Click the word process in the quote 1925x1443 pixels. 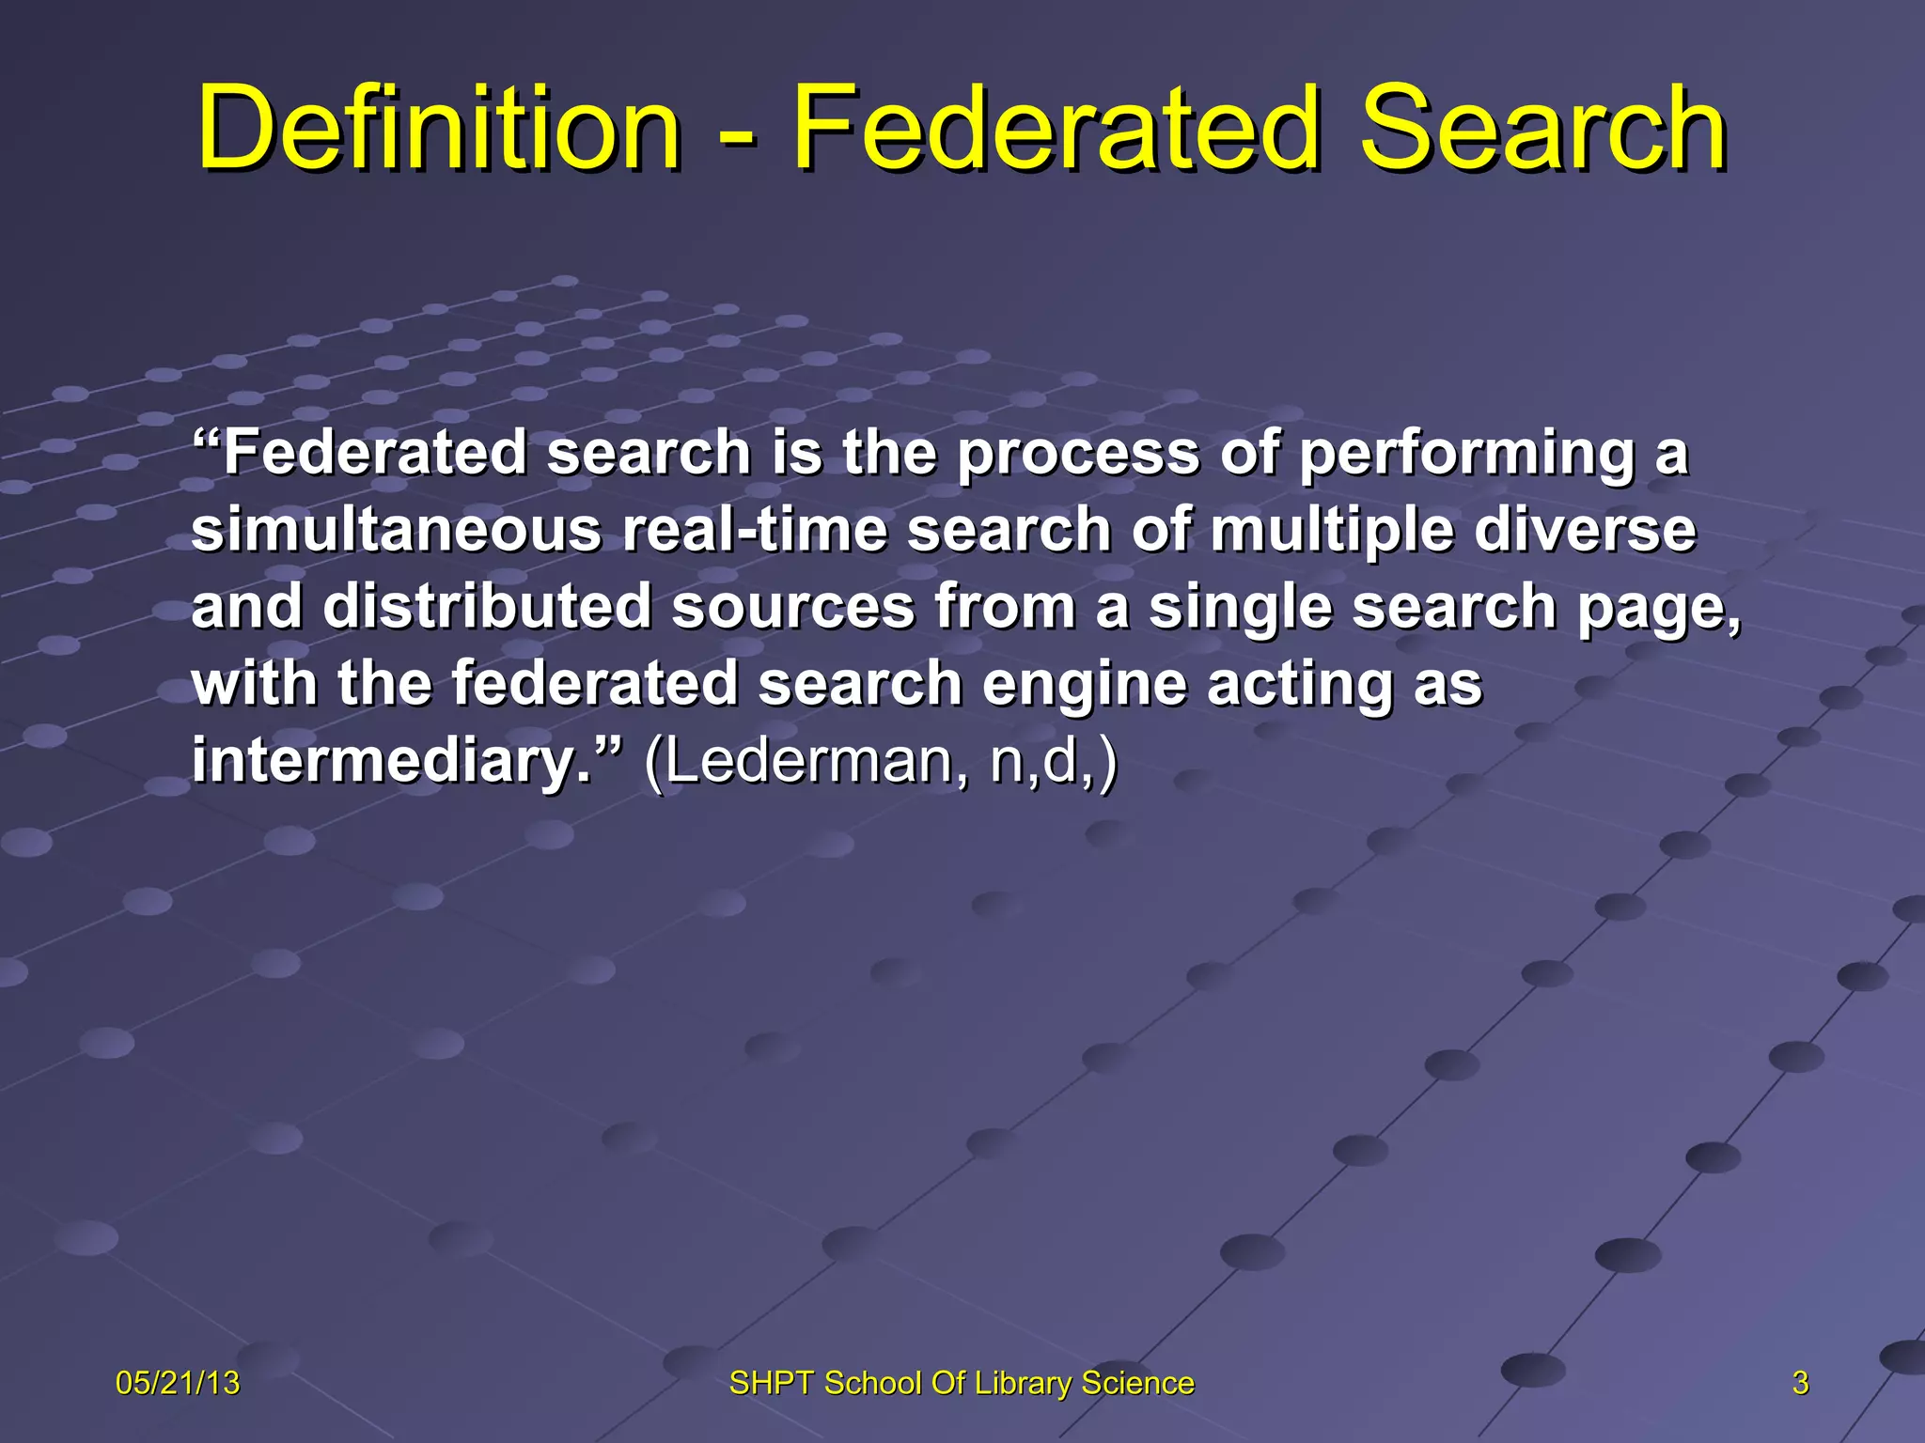tap(1078, 455)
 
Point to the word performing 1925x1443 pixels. tap(1466, 455)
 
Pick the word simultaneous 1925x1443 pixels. tap(396, 530)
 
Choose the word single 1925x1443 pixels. tap(1240, 608)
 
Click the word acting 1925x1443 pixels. tap(1299, 685)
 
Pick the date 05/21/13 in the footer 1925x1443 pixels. tap(178, 1383)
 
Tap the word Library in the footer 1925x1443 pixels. tap(1023, 1383)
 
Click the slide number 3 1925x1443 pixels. tap(1800, 1383)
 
